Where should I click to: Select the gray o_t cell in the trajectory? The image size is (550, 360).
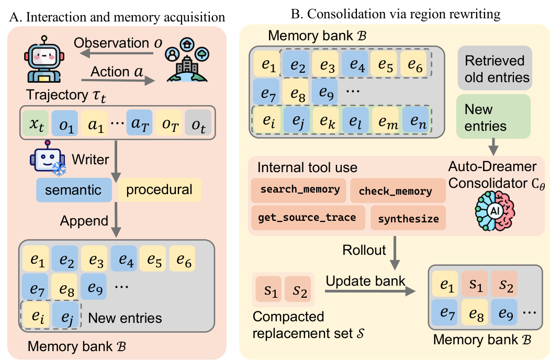pyautogui.click(x=198, y=123)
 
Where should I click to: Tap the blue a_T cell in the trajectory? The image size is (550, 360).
pyautogui.click(x=139, y=123)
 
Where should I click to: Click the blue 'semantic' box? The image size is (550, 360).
pyautogui.click(x=74, y=190)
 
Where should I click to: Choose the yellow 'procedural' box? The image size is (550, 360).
pyautogui.click(x=159, y=190)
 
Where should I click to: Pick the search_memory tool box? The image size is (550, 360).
pyautogui.click(x=298, y=190)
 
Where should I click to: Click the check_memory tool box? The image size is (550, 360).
pyautogui.click(x=398, y=190)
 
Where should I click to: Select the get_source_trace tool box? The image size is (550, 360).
pyautogui.click(x=308, y=218)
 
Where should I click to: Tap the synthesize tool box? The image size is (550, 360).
pyautogui.click(x=408, y=218)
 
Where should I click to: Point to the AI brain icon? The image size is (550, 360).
pyautogui.click(x=495, y=211)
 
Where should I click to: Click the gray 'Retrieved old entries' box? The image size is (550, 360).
pyautogui.click(x=495, y=68)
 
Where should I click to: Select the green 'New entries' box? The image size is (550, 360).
pyautogui.click(x=493, y=116)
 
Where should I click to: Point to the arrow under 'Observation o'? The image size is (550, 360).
pyautogui.click(x=117, y=54)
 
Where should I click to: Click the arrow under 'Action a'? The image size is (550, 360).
pyautogui.click(x=118, y=81)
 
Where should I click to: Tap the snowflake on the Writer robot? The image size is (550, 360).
pyautogui.click(x=59, y=169)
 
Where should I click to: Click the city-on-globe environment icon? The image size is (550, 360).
pyautogui.click(x=187, y=60)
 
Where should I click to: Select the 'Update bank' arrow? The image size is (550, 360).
pyautogui.click(x=371, y=291)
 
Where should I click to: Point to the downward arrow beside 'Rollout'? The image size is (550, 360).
pyautogui.click(x=395, y=253)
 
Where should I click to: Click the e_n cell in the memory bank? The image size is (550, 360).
pyautogui.click(x=416, y=120)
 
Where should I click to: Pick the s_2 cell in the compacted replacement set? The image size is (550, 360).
pyautogui.click(x=298, y=289)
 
